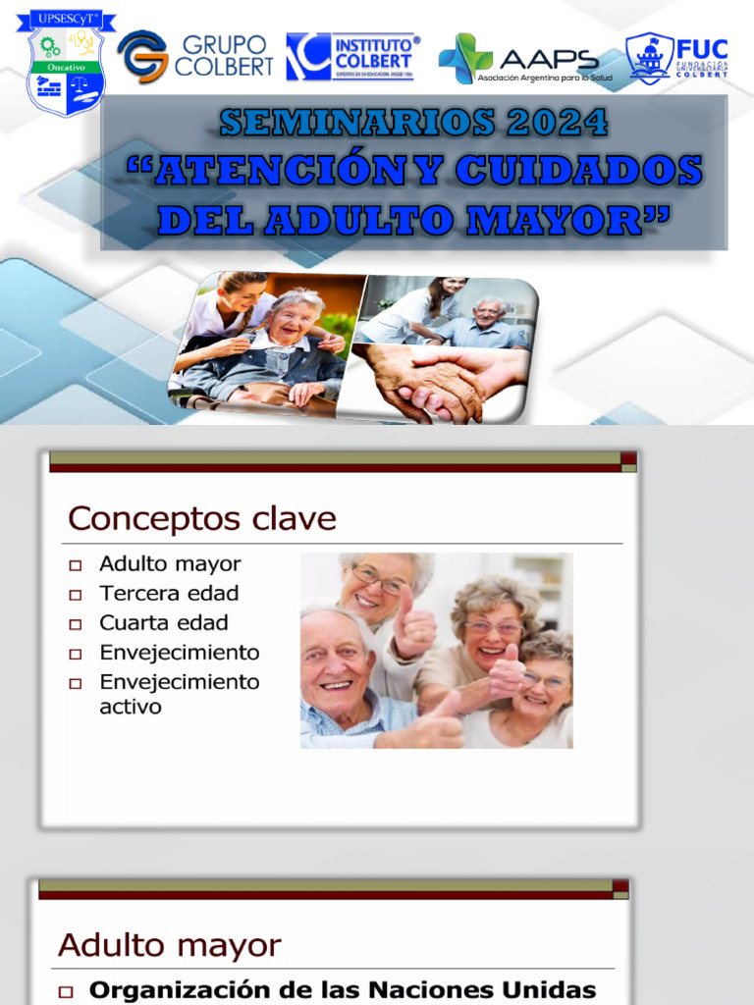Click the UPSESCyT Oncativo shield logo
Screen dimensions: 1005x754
[66, 65]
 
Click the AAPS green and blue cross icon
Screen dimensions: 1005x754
[465, 59]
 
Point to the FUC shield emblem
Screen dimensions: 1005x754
[650, 58]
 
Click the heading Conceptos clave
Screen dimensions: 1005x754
[201, 519]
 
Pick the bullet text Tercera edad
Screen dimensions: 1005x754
[169, 593]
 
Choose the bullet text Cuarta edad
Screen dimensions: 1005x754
[163, 622]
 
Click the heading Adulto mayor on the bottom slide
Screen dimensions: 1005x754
[169, 945]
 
